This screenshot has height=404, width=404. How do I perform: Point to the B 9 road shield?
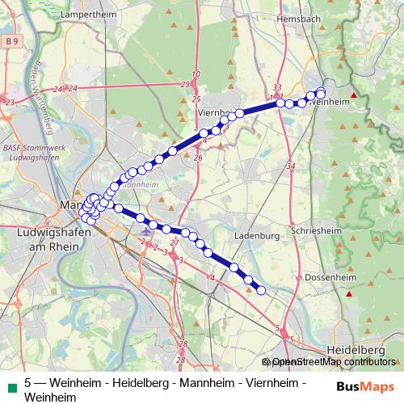(x=11, y=40)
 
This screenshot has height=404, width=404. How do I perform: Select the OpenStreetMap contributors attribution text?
(x=333, y=362)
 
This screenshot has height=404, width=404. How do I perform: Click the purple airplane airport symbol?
(x=145, y=234)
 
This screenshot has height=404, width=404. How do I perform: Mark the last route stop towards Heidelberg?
(x=261, y=290)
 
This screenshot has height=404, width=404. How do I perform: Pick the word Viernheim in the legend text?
(x=271, y=383)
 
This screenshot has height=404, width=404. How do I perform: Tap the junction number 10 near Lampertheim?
(x=196, y=74)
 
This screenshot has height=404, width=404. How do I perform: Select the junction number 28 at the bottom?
(x=182, y=359)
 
